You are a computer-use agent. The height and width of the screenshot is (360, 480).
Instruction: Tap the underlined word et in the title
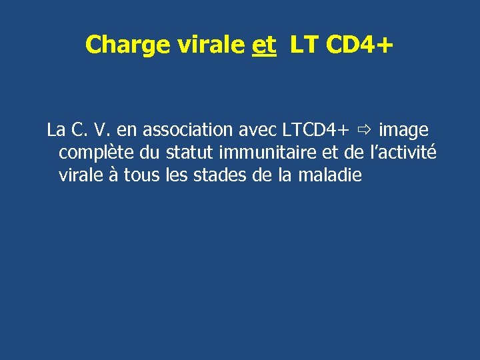click(265, 45)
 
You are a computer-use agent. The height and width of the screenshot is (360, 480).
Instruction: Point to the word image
click(403, 131)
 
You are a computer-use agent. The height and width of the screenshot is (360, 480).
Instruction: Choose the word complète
click(96, 153)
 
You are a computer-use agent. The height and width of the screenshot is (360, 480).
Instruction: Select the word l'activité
click(399, 153)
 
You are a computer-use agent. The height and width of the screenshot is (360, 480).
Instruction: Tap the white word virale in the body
click(79, 176)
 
